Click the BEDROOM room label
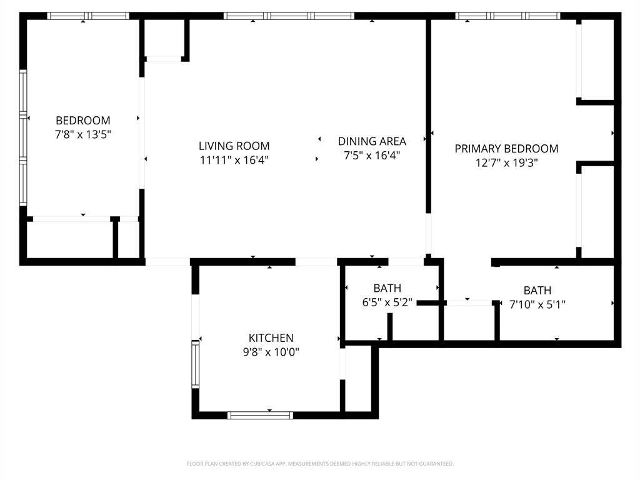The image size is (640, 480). point(83,120)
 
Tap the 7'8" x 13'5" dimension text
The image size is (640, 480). point(83,134)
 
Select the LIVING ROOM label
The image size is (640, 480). point(234,146)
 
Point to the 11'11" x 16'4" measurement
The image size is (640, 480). point(234,159)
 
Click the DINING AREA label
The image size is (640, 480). point(372,141)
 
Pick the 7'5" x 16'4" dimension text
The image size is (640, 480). point(372,155)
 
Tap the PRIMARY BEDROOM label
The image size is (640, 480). point(506,149)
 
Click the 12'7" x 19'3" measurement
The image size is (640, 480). point(506,162)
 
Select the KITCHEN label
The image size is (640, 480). point(271,338)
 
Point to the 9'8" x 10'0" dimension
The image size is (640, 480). point(271,352)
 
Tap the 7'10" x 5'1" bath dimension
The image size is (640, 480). point(537,304)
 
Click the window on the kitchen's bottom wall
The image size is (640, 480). point(260,414)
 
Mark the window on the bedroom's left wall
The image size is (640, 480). point(24,137)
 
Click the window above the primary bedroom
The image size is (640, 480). point(507,16)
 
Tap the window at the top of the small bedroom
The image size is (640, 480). point(88,16)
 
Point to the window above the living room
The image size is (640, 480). point(289,16)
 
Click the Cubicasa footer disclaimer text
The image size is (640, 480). point(320,464)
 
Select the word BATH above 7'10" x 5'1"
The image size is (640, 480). point(537,291)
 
